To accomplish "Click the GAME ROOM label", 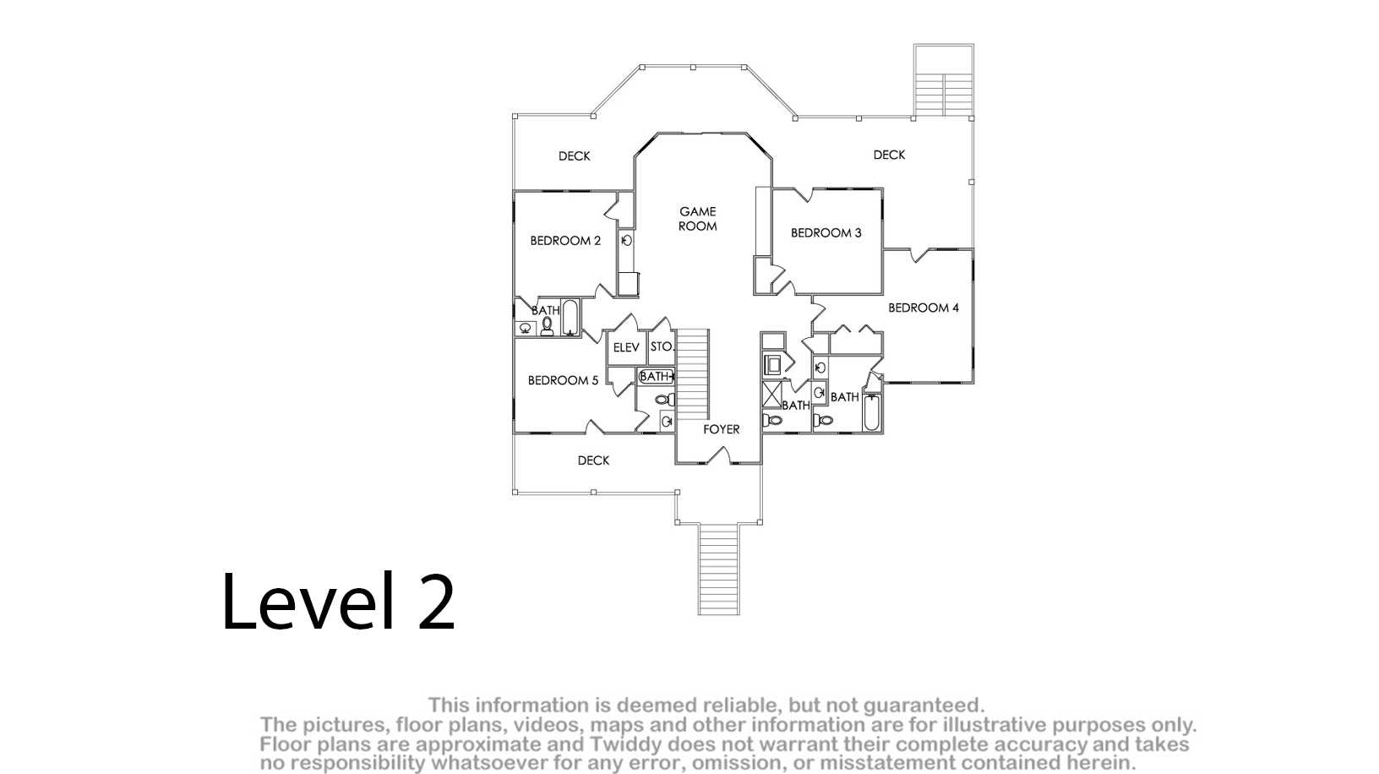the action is click(x=697, y=219).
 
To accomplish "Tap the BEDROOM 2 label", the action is click(x=565, y=241).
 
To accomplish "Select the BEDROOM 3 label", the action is click(x=826, y=232).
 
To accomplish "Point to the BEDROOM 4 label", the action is click(x=924, y=308).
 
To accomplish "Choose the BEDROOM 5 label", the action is click(x=563, y=380).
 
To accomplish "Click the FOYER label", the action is click(x=722, y=429).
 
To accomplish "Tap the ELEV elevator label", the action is click(x=626, y=348).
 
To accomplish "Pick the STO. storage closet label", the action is click(x=662, y=346).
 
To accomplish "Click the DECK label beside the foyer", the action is click(x=593, y=461).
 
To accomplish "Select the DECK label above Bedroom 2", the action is click(x=575, y=156).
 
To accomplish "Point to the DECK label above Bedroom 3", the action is click(x=889, y=155).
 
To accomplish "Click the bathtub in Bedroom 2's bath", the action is click(x=570, y=317).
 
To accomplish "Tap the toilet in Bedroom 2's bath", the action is click(x=547, y=327).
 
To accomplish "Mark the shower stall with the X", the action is click(x=772, y=395).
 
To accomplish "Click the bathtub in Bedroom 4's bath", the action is click(x=871, y=412).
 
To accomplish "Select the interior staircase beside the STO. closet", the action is click(x=693, y=374).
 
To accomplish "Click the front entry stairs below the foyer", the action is click(x=718, y=569).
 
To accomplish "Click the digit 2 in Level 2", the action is click(x=437, y=602).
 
